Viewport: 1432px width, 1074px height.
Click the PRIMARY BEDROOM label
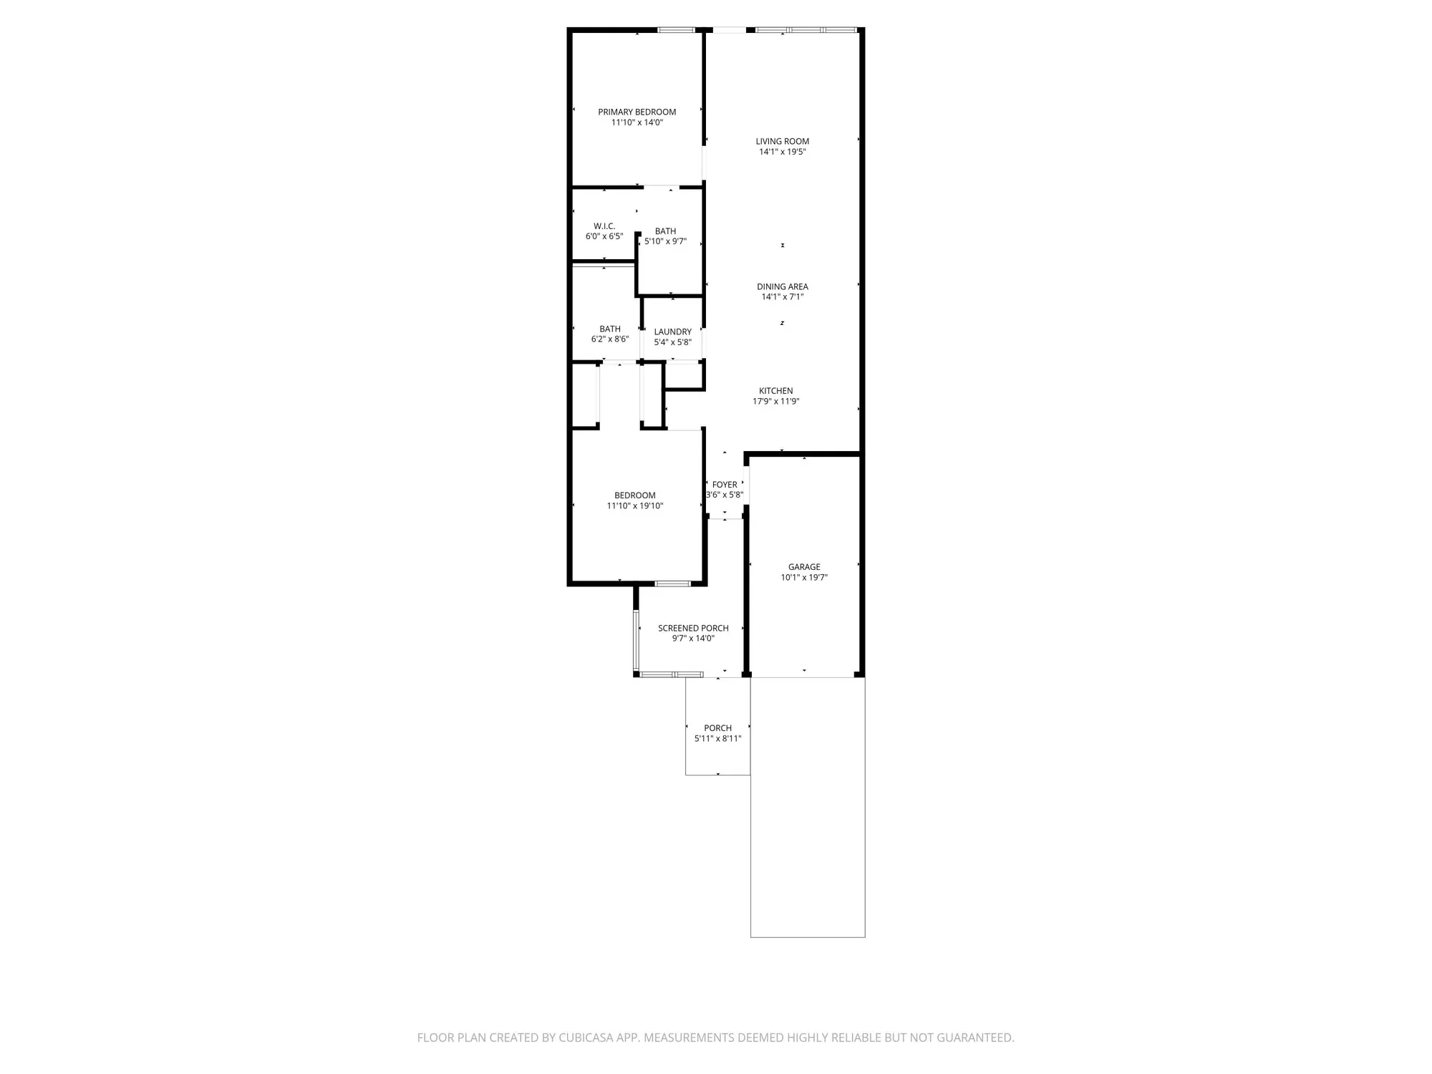tap(637, 112)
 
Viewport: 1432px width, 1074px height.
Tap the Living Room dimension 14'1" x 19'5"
tap(782, 152)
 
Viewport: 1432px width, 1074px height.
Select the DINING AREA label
tap(782, 286)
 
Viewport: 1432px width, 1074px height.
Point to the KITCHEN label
tap(775, 391)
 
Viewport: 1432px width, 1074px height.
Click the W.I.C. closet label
tap(604, 226)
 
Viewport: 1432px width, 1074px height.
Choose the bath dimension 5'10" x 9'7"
tap(665, 241)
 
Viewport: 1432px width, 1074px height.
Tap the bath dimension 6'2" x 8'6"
tap(610, 339)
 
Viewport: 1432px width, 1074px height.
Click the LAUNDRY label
tap(672, 332)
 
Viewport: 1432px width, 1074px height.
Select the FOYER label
tap(725, 485)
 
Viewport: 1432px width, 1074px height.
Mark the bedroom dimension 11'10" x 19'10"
tap(635, 506)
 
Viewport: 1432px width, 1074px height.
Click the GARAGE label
tap(804, 567)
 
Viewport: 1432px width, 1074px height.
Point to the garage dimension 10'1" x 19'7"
tap(804, 577)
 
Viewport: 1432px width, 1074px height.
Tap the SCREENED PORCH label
tap(693, 628)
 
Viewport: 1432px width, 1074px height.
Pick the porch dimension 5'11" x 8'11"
tap(717, 738)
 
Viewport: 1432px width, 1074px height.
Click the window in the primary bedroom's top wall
tap(676, 30)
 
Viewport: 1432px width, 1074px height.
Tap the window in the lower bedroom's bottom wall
tap(672, 584)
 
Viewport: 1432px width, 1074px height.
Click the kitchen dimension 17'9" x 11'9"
tap(775, 401)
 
